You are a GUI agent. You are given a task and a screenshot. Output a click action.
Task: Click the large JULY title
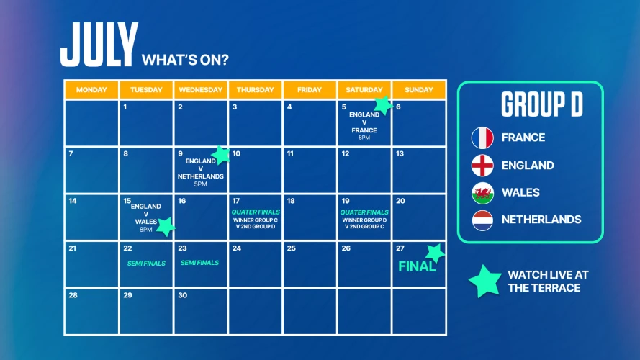(99, 45)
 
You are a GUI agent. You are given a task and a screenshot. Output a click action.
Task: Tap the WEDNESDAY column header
(200, 90)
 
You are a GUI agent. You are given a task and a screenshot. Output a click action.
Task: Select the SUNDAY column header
(419, 90)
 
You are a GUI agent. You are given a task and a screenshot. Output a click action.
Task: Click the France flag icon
(482, 138)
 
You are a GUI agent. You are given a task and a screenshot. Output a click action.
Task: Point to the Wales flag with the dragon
(482, 193)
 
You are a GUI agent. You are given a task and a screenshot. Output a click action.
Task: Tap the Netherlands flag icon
(482, 220)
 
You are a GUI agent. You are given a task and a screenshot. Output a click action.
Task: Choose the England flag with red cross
(482, 166)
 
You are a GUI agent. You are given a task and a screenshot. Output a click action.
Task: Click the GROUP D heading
(542, 104)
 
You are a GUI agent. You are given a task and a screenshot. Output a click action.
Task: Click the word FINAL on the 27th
(417, 266)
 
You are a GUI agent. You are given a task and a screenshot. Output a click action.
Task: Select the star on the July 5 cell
(383, 105)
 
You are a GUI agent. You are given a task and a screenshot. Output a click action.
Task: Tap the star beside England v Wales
(166, 227)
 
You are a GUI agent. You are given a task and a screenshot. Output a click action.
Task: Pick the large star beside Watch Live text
(485, 282)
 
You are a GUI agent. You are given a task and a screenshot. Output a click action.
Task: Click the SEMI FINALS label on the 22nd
(146, 264)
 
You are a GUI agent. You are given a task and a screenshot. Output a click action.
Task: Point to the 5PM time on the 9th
(200, 184)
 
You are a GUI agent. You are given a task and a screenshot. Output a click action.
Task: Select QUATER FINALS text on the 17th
(256, 212)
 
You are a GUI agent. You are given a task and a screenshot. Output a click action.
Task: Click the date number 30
(182, 295)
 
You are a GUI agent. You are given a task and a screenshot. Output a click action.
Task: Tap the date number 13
(400, 153)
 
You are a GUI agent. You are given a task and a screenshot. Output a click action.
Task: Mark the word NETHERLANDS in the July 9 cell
(200, 176)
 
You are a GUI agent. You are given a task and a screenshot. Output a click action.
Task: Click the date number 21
(72, 248)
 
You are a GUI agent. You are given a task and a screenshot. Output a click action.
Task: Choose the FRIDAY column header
(310, 90)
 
